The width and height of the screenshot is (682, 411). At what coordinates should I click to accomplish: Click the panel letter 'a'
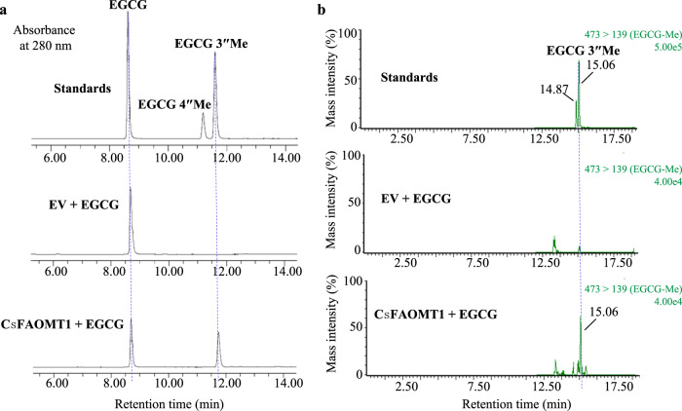[x=7, y=8]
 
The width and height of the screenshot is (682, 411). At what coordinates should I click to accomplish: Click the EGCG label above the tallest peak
[x=128, y=9]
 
